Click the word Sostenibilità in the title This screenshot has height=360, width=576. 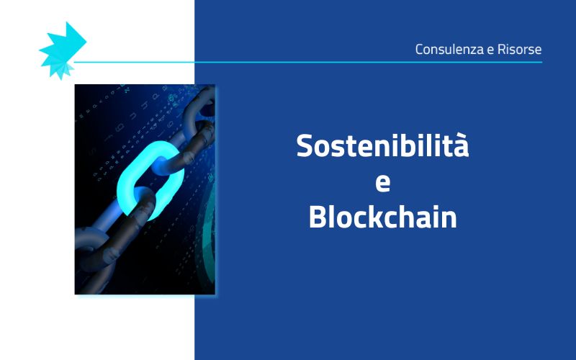382,146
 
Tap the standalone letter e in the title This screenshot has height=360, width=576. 383,182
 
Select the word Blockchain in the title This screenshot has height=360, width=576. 382,216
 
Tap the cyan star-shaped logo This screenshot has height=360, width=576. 61,49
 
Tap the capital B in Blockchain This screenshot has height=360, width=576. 318,216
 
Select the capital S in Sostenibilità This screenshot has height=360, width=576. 306,146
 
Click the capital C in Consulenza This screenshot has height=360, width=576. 420,50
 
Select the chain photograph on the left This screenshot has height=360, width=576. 145,189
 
